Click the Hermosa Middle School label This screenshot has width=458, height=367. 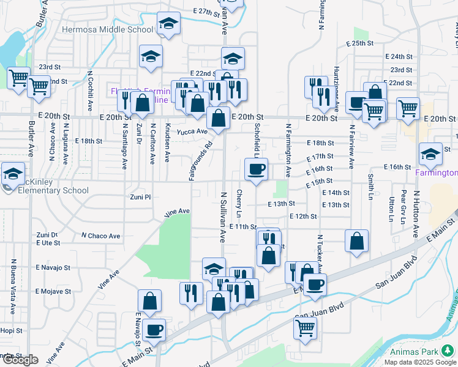point(107,29)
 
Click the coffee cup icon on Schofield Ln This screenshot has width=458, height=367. point(257,168)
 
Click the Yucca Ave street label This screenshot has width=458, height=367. point(192,132)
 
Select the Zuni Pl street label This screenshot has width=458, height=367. point(140,197)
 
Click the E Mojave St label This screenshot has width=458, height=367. point(54,291)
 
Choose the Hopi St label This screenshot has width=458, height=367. point(11,330)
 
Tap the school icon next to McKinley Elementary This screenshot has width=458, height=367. point(13,173)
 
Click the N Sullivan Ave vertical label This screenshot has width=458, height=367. point(223,217)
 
